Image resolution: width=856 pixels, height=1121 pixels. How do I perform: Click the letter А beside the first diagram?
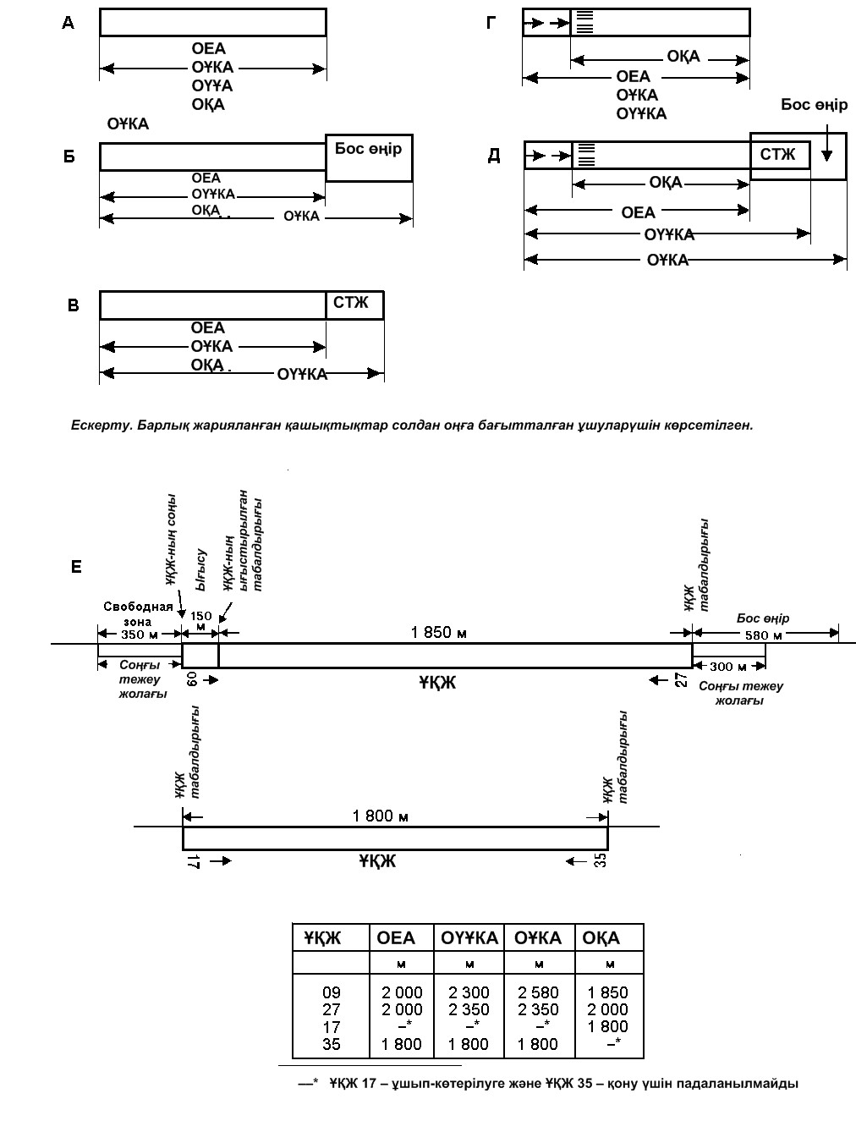(x=68, y=23)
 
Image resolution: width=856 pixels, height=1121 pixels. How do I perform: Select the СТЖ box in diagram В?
(x=354, y=305)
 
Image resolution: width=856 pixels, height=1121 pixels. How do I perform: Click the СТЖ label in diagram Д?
(x=777, y=154)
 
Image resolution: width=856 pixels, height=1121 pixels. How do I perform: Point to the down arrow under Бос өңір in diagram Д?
(x=827, y=143)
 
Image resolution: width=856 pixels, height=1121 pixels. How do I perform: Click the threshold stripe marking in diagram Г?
(x=584, y=23)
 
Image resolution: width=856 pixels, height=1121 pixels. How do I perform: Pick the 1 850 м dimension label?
(x=438, y=633)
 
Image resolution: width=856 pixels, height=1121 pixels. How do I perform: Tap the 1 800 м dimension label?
(x=381, y=816)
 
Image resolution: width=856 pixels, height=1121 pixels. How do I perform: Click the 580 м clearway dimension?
(x=764, y=635)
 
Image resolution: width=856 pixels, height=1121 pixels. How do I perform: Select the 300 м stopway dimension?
(x=728, y=667)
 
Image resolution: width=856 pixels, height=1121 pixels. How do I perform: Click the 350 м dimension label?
(x=140, y=635)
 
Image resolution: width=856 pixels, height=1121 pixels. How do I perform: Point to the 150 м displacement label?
(x=200, y=621)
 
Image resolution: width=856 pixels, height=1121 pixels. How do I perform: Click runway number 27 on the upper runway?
(x=682, y=680)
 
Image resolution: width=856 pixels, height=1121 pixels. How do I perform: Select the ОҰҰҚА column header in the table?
(x=469, y=937)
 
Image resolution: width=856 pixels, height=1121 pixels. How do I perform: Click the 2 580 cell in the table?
(x=538, y=992)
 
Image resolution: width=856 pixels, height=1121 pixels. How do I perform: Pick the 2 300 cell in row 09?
(x=469, y=992)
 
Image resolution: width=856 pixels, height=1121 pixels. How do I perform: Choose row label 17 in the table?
(x=332, y=1027)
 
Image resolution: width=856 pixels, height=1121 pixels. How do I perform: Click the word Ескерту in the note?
(x=101, y=426)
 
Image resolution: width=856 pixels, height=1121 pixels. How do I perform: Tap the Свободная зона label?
(x=138, y=614)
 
